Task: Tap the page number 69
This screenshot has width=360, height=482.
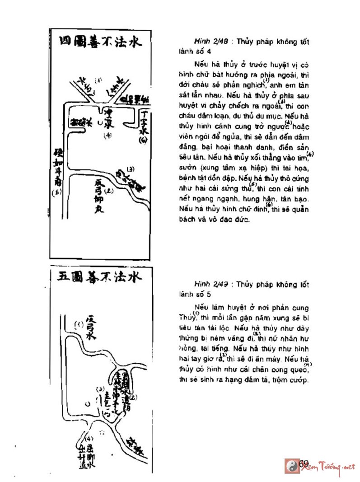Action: [303, 463]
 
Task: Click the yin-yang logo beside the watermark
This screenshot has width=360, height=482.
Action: [290, 466]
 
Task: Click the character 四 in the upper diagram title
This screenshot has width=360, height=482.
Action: [66, 42]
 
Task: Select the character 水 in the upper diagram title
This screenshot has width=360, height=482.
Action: [133, 42]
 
